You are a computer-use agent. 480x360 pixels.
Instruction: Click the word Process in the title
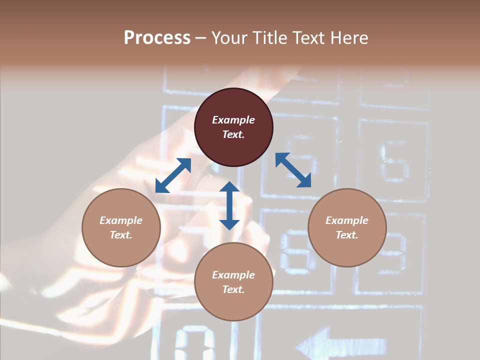[157, 38]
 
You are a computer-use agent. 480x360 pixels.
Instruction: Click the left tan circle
[121, 227]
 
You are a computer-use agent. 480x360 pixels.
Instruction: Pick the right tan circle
[347, 227]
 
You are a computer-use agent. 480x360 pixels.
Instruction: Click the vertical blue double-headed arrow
[229, 205]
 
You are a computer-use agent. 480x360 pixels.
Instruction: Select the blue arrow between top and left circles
[173, 175]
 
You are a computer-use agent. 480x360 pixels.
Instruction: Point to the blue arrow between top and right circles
[293, 170]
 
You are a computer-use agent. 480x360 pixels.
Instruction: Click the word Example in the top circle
[233, 120]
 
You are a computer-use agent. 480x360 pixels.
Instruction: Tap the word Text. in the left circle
[121, 235]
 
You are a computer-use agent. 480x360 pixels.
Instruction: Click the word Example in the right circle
[347, 220]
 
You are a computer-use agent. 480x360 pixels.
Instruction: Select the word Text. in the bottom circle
[233, 289]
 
